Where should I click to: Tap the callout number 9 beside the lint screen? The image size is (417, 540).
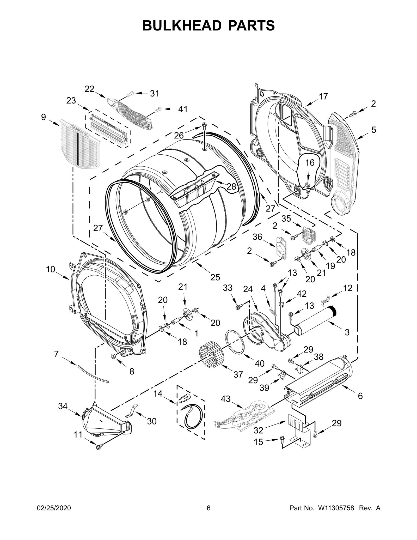click(43, 117)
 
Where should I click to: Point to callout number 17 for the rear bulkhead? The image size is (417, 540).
click(323, 97)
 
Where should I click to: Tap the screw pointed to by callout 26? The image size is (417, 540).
click(204, 128)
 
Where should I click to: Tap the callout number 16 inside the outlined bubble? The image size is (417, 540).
click(310, 163)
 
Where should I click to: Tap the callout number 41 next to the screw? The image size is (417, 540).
click(183, 109)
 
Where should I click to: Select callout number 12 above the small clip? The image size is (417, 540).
click(348, 288)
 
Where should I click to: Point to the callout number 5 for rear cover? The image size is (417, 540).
click(373, 130)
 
